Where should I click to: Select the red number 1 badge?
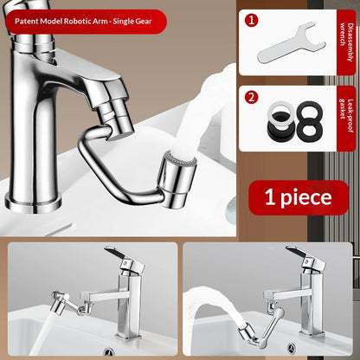252,18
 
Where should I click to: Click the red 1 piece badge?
299,197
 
